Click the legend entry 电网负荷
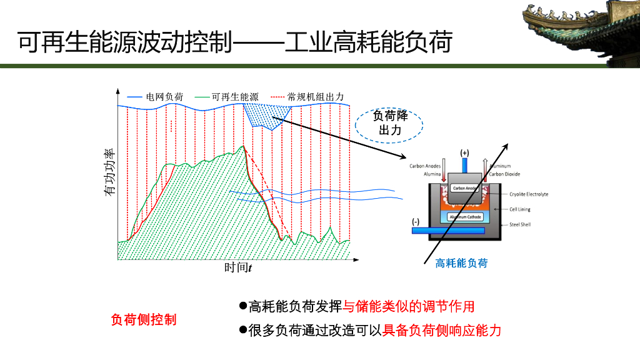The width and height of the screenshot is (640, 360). (x=164, y=97)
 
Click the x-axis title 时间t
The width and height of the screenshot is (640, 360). (x=237, y=267)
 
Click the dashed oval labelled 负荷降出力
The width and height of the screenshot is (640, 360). (x=390, y=123)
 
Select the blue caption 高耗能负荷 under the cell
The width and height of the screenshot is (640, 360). (x=461, y=263)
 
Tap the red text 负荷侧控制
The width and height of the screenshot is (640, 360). (x=144, y=319)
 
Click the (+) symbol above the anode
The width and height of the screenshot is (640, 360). (x=464, y=152)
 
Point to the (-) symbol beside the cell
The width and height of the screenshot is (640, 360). (x=416, y=221)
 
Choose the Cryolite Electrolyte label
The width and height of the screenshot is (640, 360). (x=529, y=194)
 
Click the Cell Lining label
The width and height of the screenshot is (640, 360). (x=520, y=209)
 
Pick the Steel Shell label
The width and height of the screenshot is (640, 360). (x=520, y=224)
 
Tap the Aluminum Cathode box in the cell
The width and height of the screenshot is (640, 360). (x=465, y=217)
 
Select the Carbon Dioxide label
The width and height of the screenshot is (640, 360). (x=504, y=174)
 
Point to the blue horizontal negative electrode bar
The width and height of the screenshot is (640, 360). (x=447, y=231)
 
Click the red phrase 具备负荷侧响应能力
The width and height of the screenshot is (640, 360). (x=442, y=330)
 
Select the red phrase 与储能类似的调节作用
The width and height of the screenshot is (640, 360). (x=409, y=306)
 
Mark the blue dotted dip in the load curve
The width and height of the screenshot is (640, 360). (x=267, y=115)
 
